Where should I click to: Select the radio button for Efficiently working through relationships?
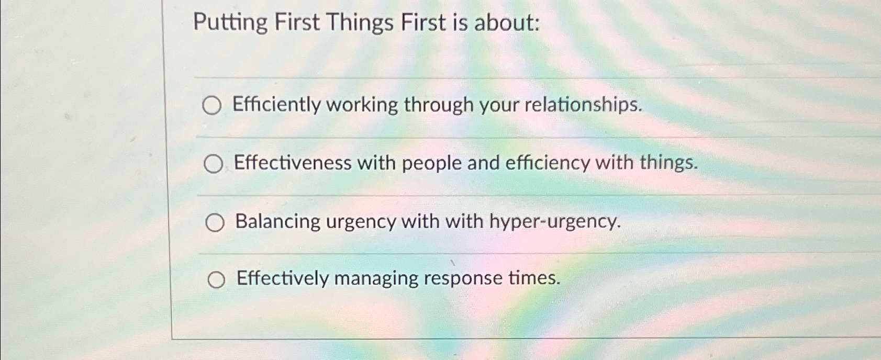tap(212, 106)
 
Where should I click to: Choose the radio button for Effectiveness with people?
tap(213, 164)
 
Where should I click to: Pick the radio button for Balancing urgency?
tap(215, 223)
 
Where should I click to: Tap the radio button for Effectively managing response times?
tap(216, 280)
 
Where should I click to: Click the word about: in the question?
tap(507, 23)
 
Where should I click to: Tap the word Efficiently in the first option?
tap(277, 105)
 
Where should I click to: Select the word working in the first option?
tap(362, 105)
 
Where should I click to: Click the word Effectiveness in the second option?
tap(293, 163)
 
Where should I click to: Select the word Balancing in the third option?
tap(277, 221)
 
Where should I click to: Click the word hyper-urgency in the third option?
tap(554, 221)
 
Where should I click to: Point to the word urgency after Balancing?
tap(361, 222)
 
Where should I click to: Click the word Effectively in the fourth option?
tap(282, 278)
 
